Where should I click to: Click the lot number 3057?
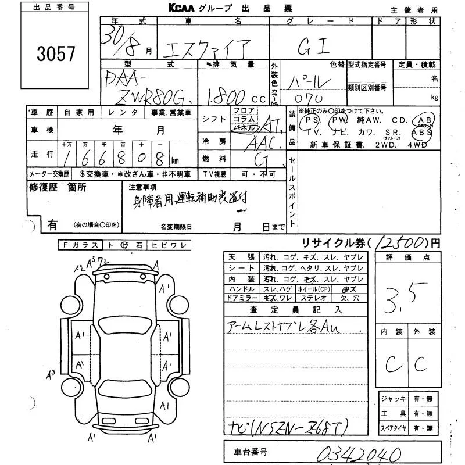click(56, 54)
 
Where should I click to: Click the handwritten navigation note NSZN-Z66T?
click(296, 428)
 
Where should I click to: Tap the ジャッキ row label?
click(394, 399)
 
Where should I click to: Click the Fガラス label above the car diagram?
click(81, 245)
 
